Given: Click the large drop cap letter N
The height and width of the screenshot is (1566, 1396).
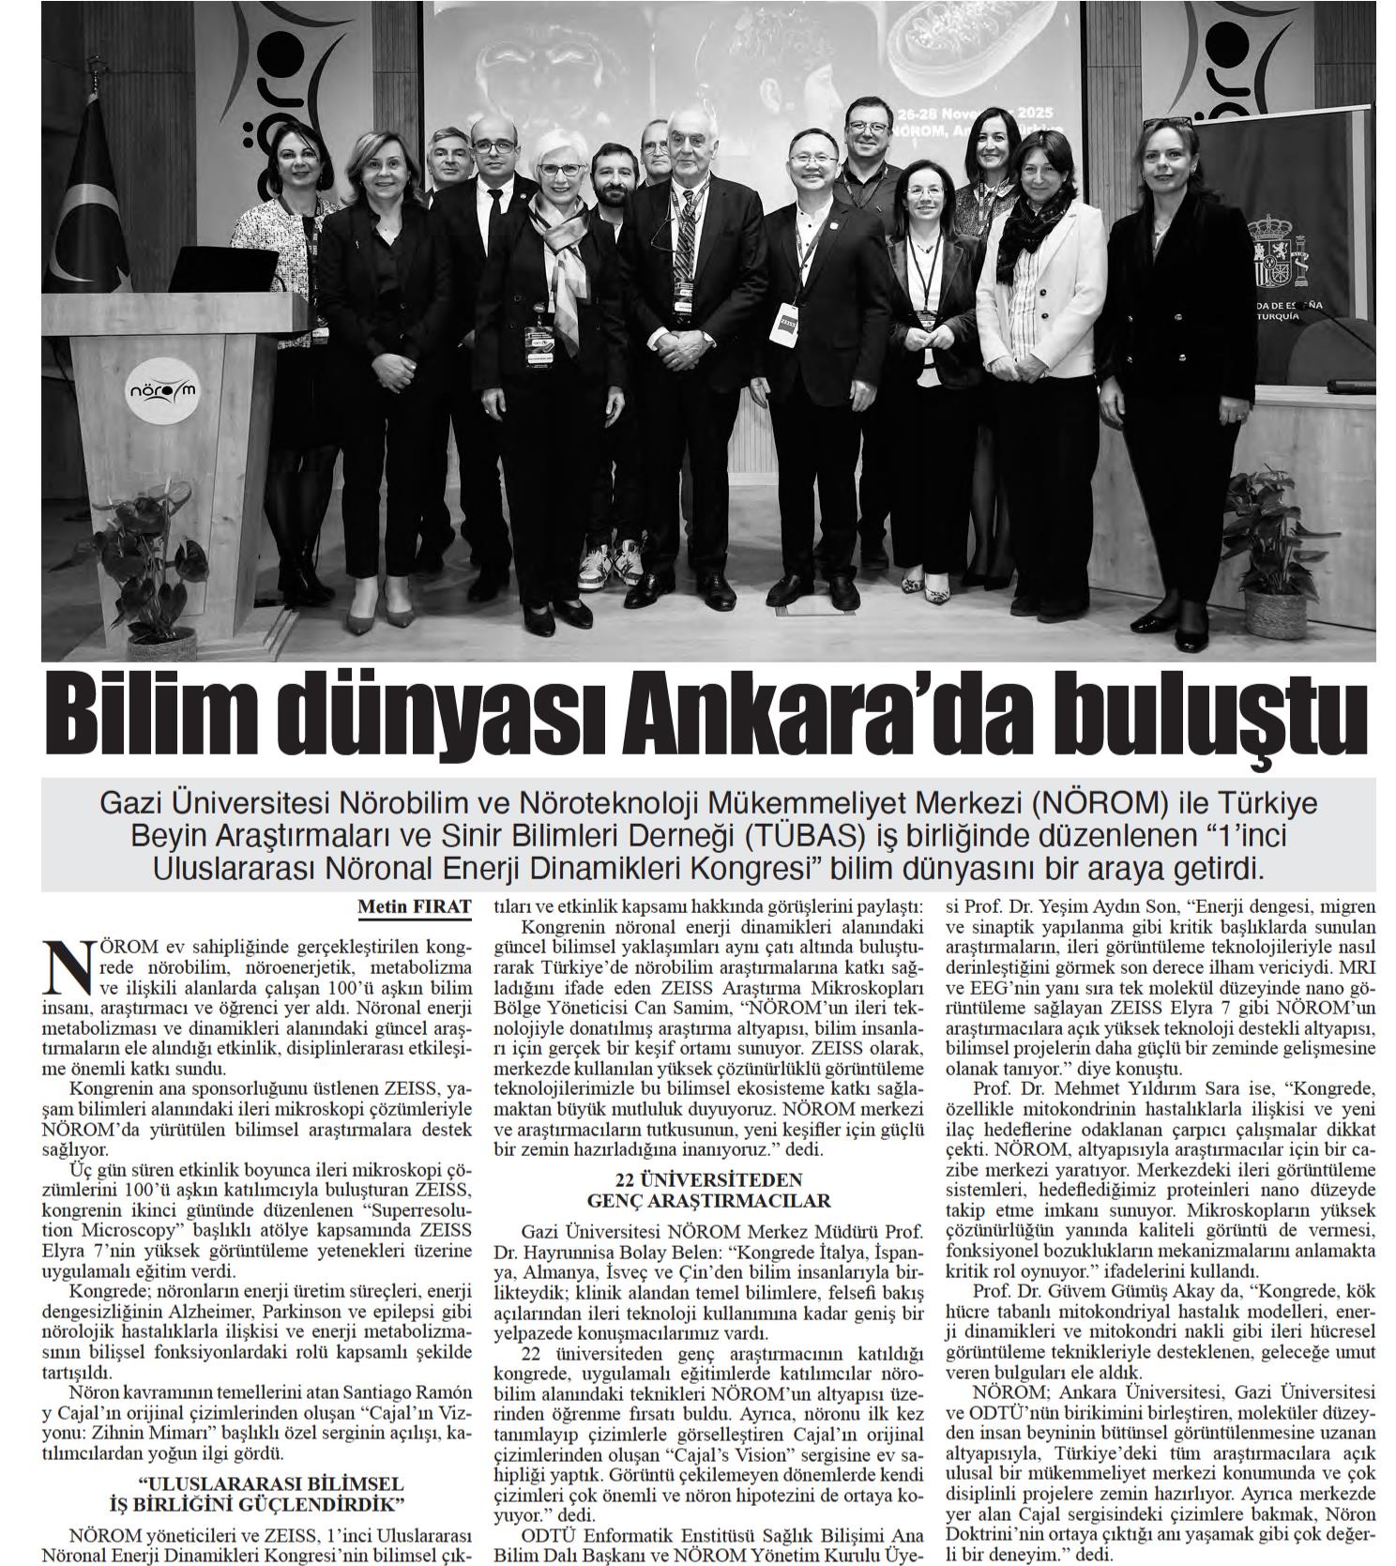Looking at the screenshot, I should point(65,966).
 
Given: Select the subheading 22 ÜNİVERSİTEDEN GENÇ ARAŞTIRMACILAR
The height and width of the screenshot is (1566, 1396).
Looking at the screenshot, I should point(708,1190).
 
